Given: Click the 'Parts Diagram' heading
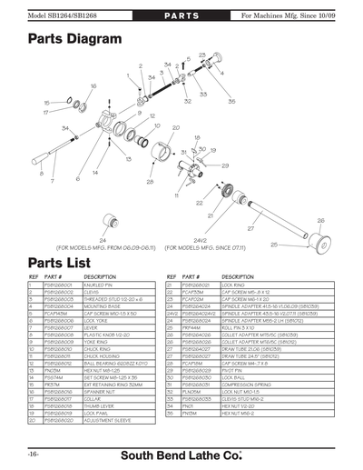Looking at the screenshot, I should (x=75, y=40).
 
